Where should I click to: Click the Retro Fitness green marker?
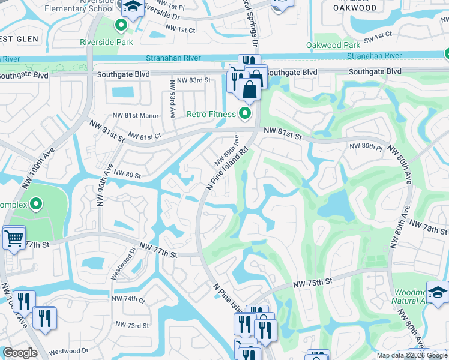(245, 113)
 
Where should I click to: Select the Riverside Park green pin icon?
(121, 26)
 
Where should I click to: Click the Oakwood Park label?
(333, 45)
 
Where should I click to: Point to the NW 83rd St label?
(191, 80)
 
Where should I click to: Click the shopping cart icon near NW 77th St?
(14, 238)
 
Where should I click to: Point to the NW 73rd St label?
(133, 326)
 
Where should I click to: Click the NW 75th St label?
(313, 282)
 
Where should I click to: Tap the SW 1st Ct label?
(377, 36)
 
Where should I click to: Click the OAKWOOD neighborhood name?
(355, 8)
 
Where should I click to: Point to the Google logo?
(20, 353)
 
